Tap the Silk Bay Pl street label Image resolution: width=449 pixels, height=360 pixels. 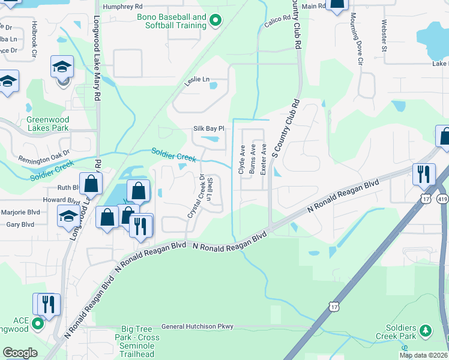pyautogui.click(x=208, y=128)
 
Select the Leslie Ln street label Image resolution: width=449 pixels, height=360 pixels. pyautogui.click(x=197, y=80)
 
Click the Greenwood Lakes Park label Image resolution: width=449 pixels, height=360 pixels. pyautogui.click(x=48, y=124)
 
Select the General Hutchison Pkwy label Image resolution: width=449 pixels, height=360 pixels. pyautogui.click(x=197, y=326)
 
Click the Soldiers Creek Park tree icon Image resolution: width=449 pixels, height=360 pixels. pyautogui.click(x=426, y=330)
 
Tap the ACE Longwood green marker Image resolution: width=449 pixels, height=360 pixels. pyautogui.click(x=37, y=325)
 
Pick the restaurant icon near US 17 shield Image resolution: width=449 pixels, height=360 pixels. pyautogui.click(x=424, y=174)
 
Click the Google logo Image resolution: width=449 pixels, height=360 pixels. pyautogui.click(x=20, y=353)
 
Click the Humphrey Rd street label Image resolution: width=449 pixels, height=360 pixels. pyautogui.click(x=121, y=7)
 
